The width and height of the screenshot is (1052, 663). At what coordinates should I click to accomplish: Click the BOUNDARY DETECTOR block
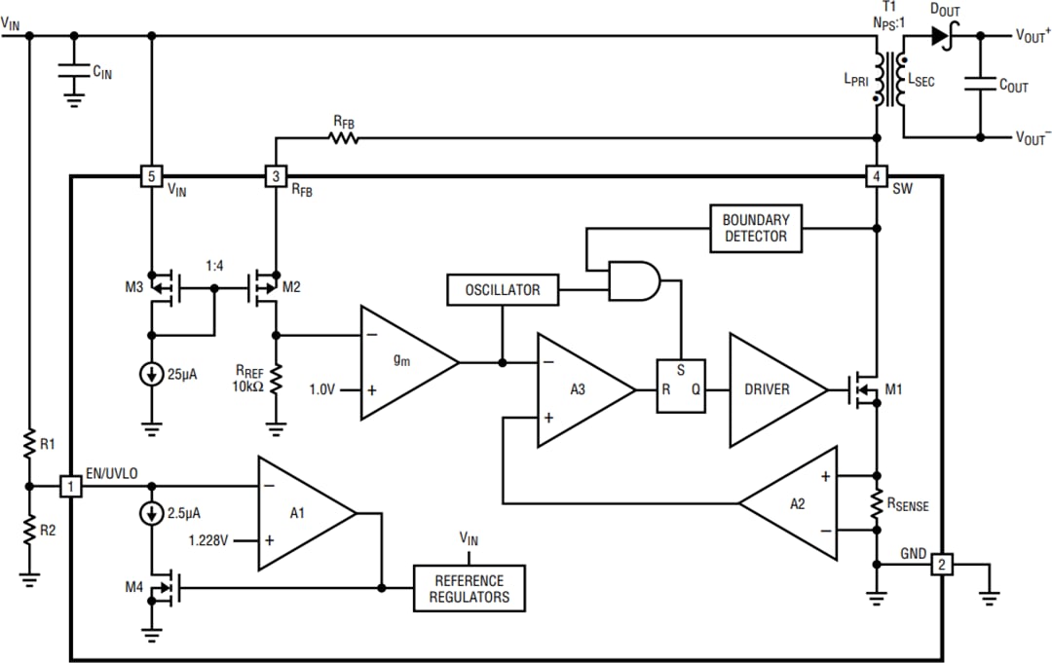[x=756, y=228]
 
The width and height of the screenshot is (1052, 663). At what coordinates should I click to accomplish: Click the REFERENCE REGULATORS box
[x=470, y=588]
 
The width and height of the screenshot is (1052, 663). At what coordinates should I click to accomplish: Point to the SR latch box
[x=680, y=386]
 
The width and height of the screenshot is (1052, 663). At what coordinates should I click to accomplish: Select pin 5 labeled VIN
[x=151, y=176]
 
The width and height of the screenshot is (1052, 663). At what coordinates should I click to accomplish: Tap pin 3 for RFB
[x=276, y=176]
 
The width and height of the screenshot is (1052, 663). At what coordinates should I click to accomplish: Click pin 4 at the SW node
[x=877, y=176]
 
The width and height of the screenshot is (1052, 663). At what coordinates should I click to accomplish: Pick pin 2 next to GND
[x=941, y=565]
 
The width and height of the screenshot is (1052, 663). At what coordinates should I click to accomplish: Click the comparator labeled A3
[x=580, y=389]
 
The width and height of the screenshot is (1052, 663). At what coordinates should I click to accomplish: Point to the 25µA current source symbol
[x=151, y=374]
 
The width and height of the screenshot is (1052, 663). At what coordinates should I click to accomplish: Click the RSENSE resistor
[x=877, y=503]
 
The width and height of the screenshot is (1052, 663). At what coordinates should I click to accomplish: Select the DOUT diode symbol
[x=940, y=36]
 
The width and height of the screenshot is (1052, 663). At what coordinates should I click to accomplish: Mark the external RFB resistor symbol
[x=344, y=138]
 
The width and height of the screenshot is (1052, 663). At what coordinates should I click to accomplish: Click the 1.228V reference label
[x=208, y=538]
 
